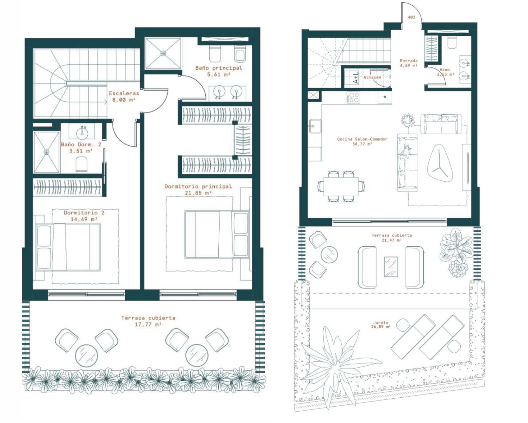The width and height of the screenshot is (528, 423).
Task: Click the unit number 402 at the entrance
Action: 411,17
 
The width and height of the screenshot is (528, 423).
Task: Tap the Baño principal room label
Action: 219,68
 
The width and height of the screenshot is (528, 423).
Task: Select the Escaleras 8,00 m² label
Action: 124,96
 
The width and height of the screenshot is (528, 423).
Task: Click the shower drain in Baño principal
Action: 163,53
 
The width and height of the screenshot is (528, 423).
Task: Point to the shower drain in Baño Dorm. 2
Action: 47,152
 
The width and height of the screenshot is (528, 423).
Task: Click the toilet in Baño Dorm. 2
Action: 81,165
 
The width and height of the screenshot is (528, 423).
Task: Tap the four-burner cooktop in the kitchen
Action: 353,97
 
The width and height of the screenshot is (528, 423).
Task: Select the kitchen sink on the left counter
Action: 315,126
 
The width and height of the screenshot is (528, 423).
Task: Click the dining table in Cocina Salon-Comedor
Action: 341,186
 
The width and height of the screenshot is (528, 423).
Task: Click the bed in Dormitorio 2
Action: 68,247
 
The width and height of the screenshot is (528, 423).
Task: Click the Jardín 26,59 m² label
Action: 381,325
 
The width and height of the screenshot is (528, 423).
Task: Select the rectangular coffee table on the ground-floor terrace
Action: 391,267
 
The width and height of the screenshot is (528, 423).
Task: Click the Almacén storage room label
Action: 372,77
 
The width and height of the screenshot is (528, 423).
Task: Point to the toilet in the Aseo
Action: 452,42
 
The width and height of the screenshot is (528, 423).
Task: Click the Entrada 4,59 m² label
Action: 409,63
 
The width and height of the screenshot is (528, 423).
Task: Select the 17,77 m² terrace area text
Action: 148,324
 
